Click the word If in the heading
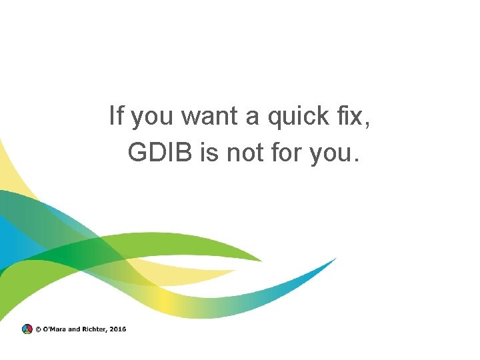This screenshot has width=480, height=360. click(x=117, y=117)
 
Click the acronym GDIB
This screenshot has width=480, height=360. click(x=159, y=154)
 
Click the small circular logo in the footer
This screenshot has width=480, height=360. click(x=27, y=329)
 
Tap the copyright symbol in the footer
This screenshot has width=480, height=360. click(x=38, y=329)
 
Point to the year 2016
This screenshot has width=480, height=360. click(x=118, y=329)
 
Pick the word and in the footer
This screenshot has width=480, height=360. click(x=74, y=329)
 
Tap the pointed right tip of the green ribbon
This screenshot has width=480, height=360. click(x=262, y=259)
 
